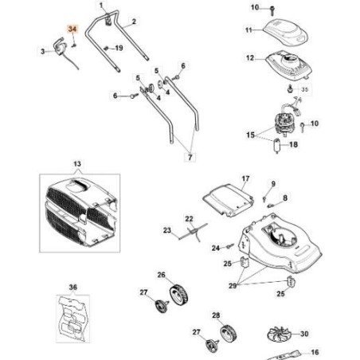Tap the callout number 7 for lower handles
click(x=190, y=158)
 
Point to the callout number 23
click(x=168, y=231)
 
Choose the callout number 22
click(x=189, y=218)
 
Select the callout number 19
click(x=119, y=48)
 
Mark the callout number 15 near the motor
click(x=251, y=136)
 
